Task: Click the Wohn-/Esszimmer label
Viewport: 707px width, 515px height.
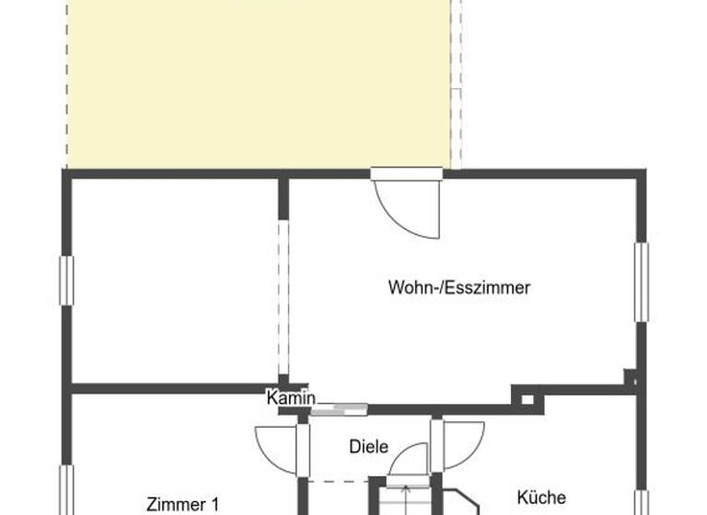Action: coord(459,288)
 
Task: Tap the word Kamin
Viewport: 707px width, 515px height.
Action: coord(291,398)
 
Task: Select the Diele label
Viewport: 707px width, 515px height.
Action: coord(368,447)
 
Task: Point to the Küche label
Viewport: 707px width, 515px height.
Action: coord(541,498)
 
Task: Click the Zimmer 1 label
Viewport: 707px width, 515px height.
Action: coord(183,504)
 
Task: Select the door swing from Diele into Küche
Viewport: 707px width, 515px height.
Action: coord(462,444)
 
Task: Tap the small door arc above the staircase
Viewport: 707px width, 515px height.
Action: coord(410,460)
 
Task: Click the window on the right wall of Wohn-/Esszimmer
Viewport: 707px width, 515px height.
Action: coord(641,281)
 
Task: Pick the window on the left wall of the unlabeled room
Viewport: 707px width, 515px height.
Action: coord(66,280)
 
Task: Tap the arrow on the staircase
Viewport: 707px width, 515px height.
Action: coord(405,497)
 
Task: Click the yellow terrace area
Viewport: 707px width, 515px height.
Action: coord(258,83)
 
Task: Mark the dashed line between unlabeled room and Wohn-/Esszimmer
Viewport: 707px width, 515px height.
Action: coord(283,294)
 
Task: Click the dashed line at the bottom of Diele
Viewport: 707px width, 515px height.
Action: coord(339,479)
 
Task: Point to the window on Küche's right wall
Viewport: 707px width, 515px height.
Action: coord(641,501)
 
